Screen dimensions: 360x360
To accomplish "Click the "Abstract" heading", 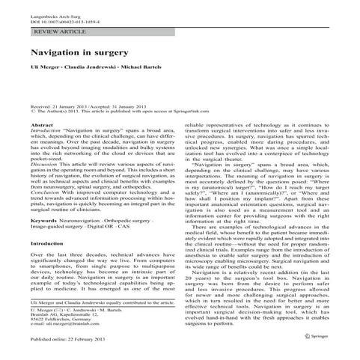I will [x=42, y=123].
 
